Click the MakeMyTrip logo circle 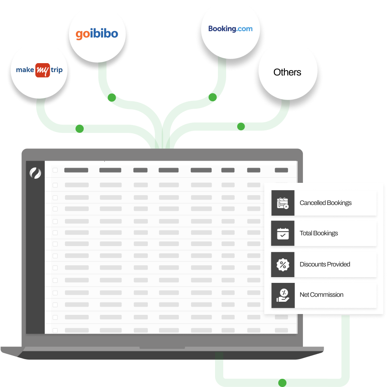[39, 70]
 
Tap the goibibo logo [97, 34]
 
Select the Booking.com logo [230, 29]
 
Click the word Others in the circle [287, 72]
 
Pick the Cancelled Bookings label [325, 203]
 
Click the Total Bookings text [319, 233]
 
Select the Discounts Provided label [325, 264]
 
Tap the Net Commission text [321, 295]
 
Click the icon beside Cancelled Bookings [283, 203]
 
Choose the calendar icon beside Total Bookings [283, 233]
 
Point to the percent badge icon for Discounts [283, 264]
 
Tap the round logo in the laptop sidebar [35, 173]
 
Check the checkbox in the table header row [55, 170]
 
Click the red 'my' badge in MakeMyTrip [43, 70]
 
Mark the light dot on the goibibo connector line [111, 98]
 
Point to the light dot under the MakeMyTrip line [80, 129]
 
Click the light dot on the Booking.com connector [212, 98]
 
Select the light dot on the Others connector [241, 126]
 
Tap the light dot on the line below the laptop [282, 383]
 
